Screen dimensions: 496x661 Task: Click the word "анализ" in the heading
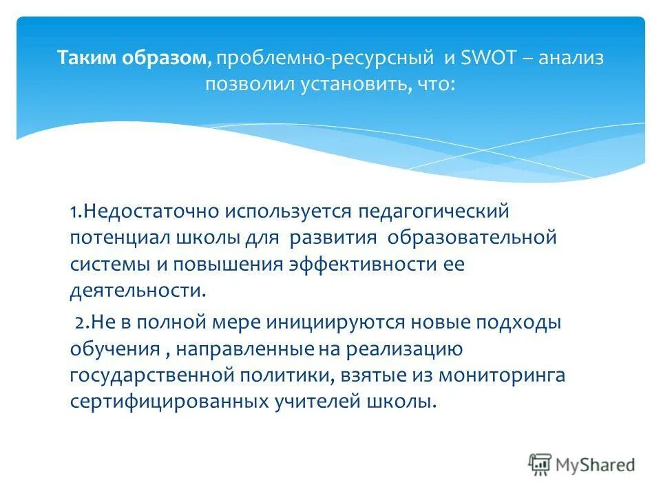pyautogui.click(x=571, y=58)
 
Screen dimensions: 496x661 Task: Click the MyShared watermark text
pyautogui.click(x=596, y=464)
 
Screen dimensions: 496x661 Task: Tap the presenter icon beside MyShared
pyautogui.click(x=541, y=464)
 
